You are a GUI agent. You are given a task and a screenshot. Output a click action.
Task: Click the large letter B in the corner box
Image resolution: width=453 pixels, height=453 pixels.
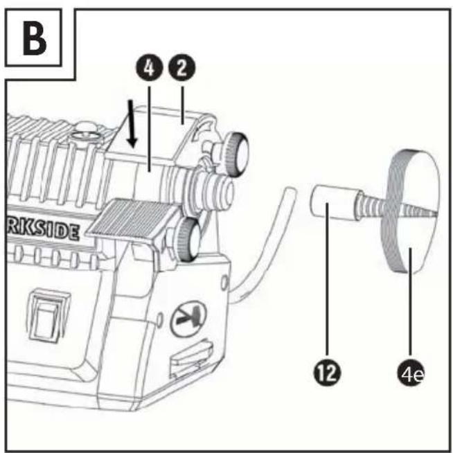(x=35, y=38)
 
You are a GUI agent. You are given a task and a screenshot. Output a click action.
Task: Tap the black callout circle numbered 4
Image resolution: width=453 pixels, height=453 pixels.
(x=150, y=69)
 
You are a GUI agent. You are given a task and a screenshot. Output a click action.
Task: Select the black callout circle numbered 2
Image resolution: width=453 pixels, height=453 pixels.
(x=182, y=68)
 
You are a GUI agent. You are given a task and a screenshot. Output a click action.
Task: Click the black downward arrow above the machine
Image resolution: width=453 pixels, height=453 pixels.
(x=132, y=123)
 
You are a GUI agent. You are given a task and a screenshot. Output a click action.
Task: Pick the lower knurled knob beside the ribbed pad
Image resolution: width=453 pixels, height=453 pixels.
(x=188, y=238)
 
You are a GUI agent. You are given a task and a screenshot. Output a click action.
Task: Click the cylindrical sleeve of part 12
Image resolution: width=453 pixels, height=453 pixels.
(x=335, y=203)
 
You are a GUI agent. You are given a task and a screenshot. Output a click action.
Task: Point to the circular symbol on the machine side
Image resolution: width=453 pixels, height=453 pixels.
(x=188, y=319)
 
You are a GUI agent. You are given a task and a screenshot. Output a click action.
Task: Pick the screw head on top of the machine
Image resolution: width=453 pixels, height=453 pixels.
(x=87, y=134)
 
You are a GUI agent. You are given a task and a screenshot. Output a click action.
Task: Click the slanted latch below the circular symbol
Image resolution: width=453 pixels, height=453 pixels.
(x=191, y=357)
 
